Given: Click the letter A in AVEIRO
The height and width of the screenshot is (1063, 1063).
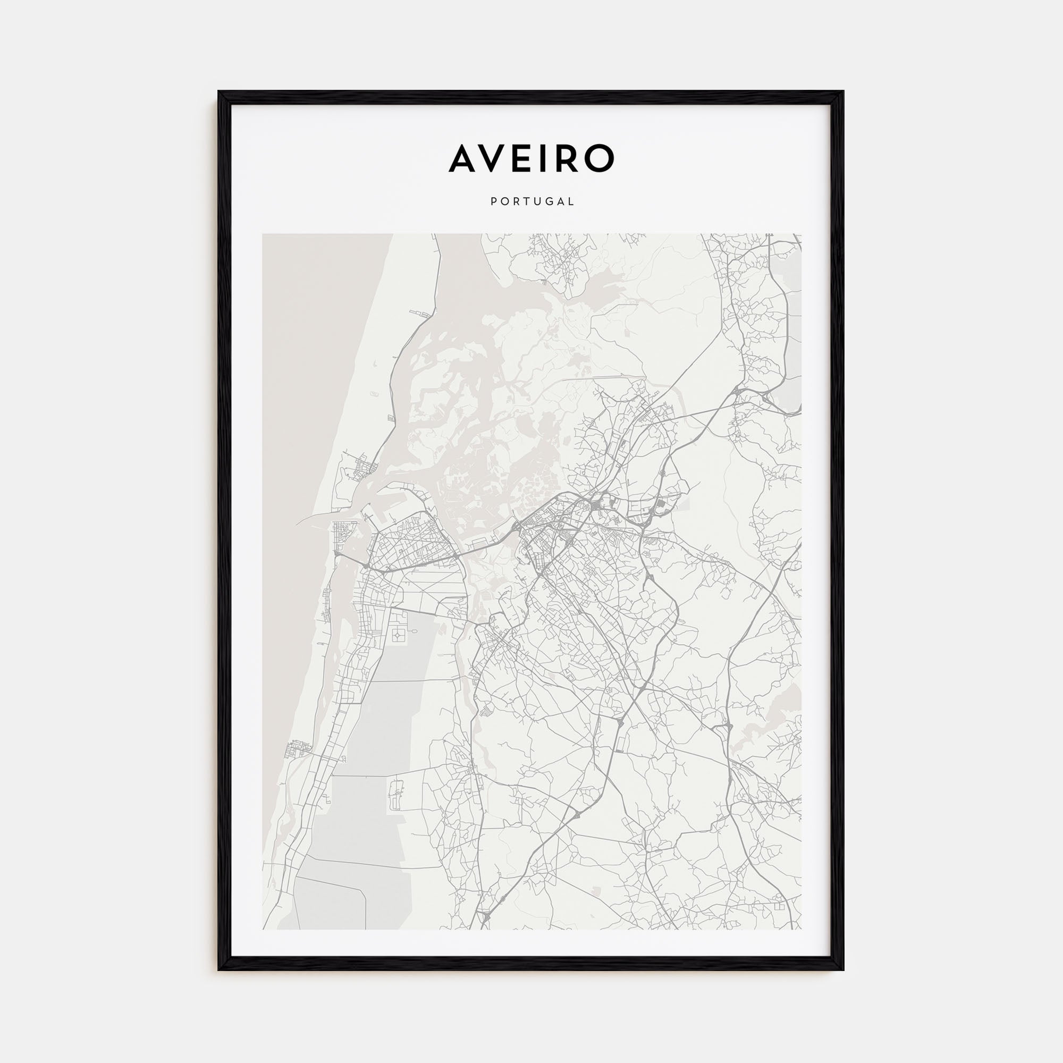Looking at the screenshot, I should tap(463, 158).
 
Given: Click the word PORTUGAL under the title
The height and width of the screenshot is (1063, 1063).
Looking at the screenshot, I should tap(531, 202).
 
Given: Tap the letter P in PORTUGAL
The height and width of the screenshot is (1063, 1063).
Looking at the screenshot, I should tap(493, 202).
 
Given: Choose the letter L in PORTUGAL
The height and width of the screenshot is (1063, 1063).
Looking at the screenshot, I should tap(572, 202).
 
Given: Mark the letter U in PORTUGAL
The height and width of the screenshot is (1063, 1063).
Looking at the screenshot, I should tap(537, 202).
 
